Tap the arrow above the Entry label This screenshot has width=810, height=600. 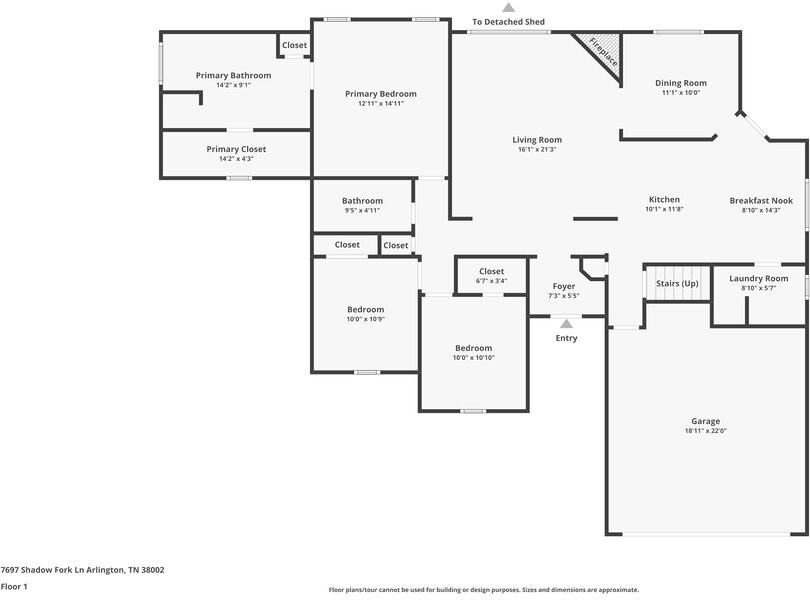coord(567,324)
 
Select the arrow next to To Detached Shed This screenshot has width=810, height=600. coord(508,8)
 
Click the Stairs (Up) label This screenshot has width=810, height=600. coord(677,284)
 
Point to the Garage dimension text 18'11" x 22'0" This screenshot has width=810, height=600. coord(705,431)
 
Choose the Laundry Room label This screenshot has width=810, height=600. coord(758,279)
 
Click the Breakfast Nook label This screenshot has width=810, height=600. coord(760,201)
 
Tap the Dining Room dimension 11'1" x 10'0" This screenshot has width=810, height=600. coord(681,93)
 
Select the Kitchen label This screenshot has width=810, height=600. coord(664,200)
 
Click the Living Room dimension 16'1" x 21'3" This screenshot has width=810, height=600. coord(537,150)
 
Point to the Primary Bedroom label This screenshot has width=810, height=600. coord(381,94)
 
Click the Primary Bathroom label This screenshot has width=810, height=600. coord(233,75)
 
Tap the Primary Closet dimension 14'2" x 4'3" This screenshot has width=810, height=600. coord(236,158)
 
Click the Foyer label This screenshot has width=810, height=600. coord(564,286)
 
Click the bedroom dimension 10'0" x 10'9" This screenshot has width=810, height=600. coord(365,319)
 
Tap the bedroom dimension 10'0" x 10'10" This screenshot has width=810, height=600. coord(473,357)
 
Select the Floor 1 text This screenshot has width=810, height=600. coord(14,586)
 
